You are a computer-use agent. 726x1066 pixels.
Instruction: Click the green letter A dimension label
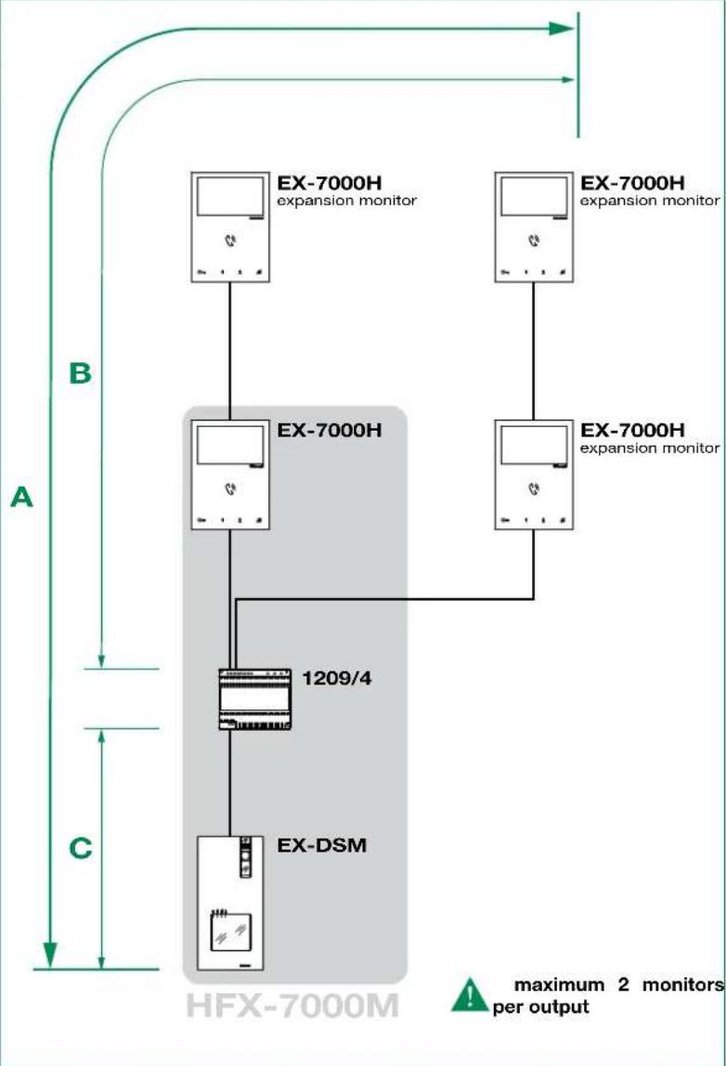pos(21,497)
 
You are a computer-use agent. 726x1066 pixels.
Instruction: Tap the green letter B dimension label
pos(80,372)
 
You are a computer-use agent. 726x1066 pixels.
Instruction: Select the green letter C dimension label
pos(80,848)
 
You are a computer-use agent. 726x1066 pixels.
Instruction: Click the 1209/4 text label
pos(336,678)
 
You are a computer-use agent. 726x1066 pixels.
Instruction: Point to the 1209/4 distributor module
pos(255,699)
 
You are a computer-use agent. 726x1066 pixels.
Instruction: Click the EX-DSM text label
pos(321,845)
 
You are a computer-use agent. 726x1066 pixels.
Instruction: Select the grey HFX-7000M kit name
pos(292,1006)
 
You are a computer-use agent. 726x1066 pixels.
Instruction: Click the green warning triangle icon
pos(469,995)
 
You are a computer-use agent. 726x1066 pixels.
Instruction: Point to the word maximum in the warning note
pos(559,984)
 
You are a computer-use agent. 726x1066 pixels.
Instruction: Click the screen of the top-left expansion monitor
pos(229,197)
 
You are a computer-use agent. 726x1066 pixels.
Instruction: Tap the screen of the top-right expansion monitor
pos(534,197)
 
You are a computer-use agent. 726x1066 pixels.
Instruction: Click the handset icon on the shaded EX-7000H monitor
pos(230,488)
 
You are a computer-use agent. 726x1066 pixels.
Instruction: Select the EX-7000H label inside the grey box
pos(329,430)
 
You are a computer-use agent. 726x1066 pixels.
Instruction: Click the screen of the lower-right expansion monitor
pos(534,446)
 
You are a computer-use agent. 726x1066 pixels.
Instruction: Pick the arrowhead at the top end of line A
pos(563,29)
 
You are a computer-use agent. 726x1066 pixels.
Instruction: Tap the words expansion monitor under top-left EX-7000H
pos(346,201)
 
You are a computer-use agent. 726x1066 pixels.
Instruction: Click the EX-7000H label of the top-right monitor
pos(632,182)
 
